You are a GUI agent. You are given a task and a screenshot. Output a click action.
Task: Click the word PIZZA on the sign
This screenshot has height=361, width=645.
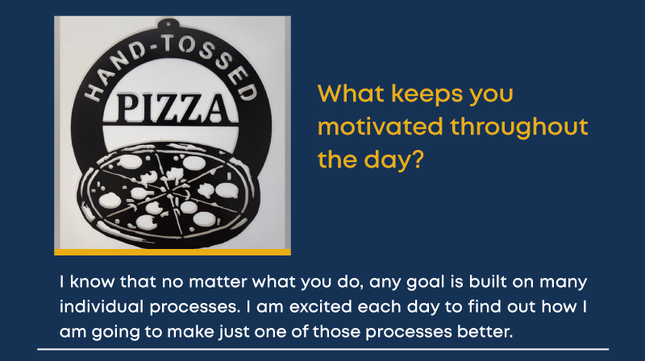171,108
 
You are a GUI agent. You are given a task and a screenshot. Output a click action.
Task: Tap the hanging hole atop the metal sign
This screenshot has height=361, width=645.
168,24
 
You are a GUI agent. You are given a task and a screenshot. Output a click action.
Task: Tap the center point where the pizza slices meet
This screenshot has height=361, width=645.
169,189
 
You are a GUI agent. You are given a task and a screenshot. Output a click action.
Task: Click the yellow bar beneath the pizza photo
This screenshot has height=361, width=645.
173,252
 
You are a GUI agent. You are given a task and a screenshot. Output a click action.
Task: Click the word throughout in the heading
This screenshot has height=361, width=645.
519,127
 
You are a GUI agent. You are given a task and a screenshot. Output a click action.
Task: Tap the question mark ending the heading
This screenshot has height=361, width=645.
417,159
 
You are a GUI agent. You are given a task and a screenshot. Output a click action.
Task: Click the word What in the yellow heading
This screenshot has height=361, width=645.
351,93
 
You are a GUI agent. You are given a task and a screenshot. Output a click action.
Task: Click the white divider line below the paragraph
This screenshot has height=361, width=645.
323,350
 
